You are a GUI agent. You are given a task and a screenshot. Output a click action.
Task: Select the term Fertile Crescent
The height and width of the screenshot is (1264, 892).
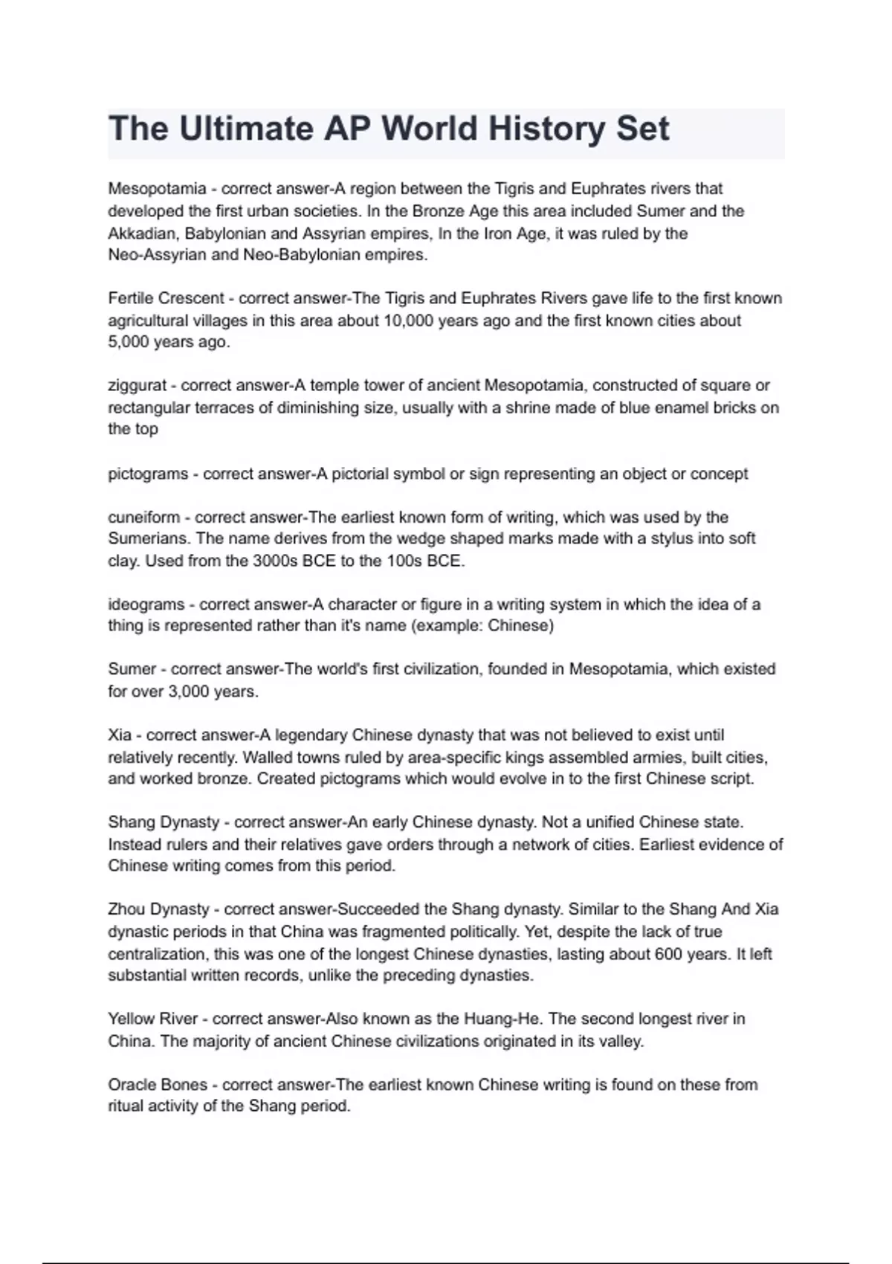166,299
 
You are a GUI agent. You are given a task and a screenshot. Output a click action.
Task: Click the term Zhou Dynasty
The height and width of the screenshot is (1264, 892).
158,909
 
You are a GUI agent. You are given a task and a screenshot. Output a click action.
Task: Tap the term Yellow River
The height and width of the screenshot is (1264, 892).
152,1019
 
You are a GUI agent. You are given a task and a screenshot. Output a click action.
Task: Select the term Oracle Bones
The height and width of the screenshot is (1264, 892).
158,1085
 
